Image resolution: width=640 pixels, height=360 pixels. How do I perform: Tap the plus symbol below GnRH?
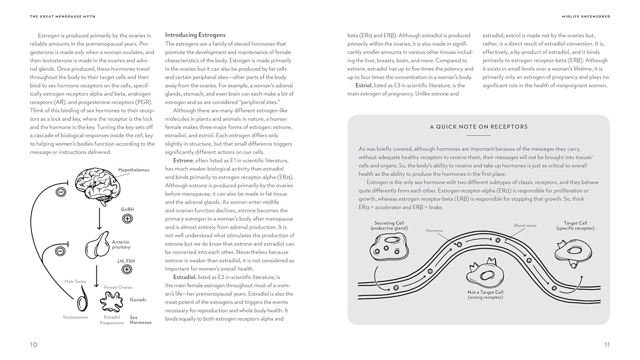coord(127,219)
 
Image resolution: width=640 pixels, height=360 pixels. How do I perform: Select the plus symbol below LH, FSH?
coord(127,270)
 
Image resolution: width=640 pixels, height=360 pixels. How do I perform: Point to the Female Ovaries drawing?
coord(111,302)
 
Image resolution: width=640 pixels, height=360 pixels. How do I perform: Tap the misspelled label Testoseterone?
coord(76,317)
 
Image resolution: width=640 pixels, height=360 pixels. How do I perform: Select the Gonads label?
coord(138,300)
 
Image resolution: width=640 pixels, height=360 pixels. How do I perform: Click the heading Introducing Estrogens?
coord(195,35)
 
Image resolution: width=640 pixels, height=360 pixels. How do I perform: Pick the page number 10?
coord(33,345)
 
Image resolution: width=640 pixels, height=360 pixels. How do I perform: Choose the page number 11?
coord(607,345)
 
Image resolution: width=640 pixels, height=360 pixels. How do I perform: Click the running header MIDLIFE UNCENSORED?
coord(586,17)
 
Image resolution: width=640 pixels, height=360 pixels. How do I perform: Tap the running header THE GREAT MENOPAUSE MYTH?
coord(63,17)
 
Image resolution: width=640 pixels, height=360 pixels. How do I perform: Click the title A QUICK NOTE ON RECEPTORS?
coord(479,127)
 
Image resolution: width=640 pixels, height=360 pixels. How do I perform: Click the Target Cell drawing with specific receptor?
coord(573,253)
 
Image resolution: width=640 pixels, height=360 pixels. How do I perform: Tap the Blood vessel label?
coord(525,226)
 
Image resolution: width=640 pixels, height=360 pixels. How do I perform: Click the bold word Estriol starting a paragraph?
coord(364,85)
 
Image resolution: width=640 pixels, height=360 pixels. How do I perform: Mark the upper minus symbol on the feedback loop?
coord(61,192)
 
